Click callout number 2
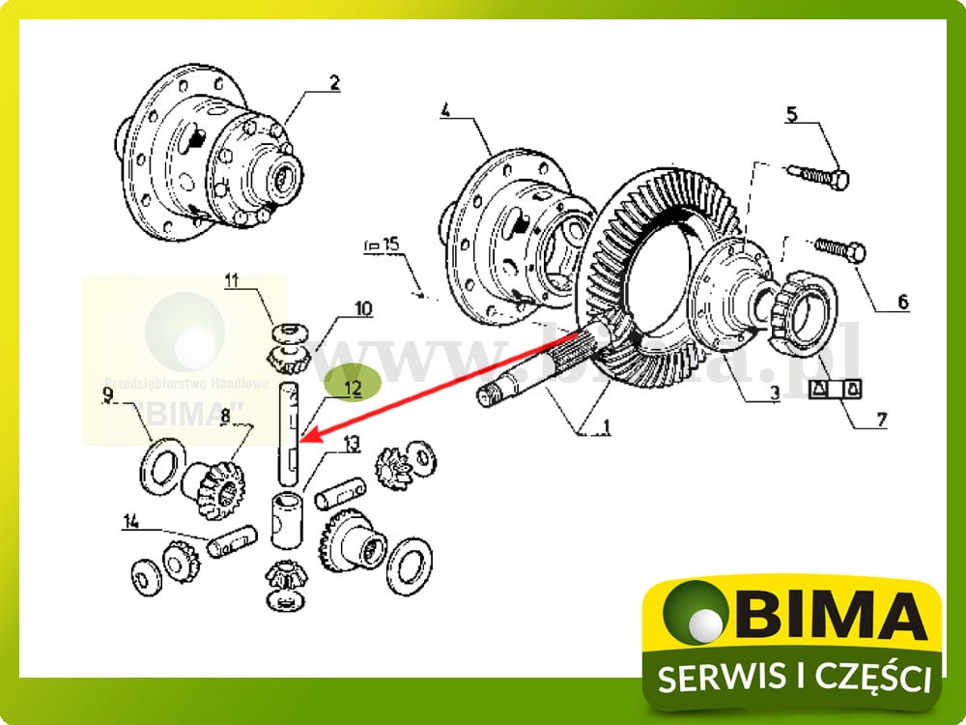pyautogui.click(x=334, y=84)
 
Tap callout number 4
pyautogui.click(x=445, y=110)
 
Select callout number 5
pyautogui.click(x=791, y=116)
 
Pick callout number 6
pyautogui.click(x=902, y=303)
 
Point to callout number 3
pyautogui.click(x=776, y=393)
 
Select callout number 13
pyautogui.click(x=351, y=444)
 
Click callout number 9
pyautogui.click(x=108, y=392)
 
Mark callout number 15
pyautogui.click(x=389, y=245)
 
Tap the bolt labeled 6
pyautogui.click(x=843, y=251)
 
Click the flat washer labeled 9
pyautogui.click(x=165, y=461)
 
